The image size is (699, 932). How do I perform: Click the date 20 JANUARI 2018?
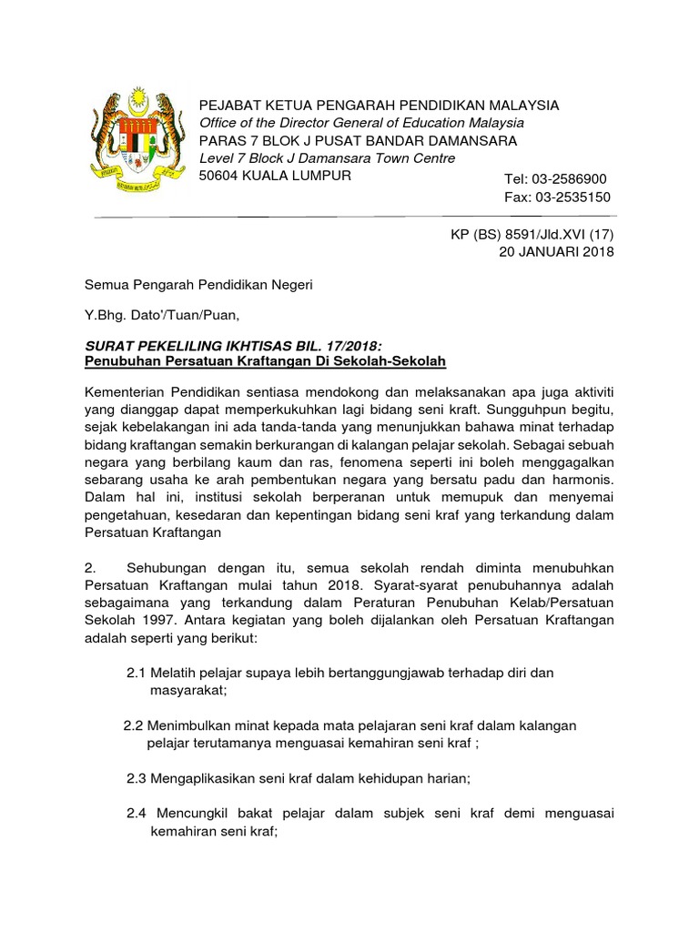pyautogui.click(x=556, y=252)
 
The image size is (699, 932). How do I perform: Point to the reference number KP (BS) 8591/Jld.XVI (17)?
pyautogui.click(x=532, y=235)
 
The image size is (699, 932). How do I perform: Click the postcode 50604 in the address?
pyautogui.click(x=220, y=176)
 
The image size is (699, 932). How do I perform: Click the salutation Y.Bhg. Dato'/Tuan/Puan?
pyautogui.click(x=162, y=316)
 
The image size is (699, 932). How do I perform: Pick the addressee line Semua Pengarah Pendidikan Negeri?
pyautogui.click(x=198, y=285)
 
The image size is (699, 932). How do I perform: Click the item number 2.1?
pyautogui.click(x=136, y=673)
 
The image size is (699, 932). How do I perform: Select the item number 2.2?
pyautogui.click(x=134, y=725)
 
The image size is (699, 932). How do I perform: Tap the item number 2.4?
pyautogui.click(x=137, y=813)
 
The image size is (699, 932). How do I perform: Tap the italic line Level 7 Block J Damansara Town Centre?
pyautogui.click(x=328, y=158)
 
